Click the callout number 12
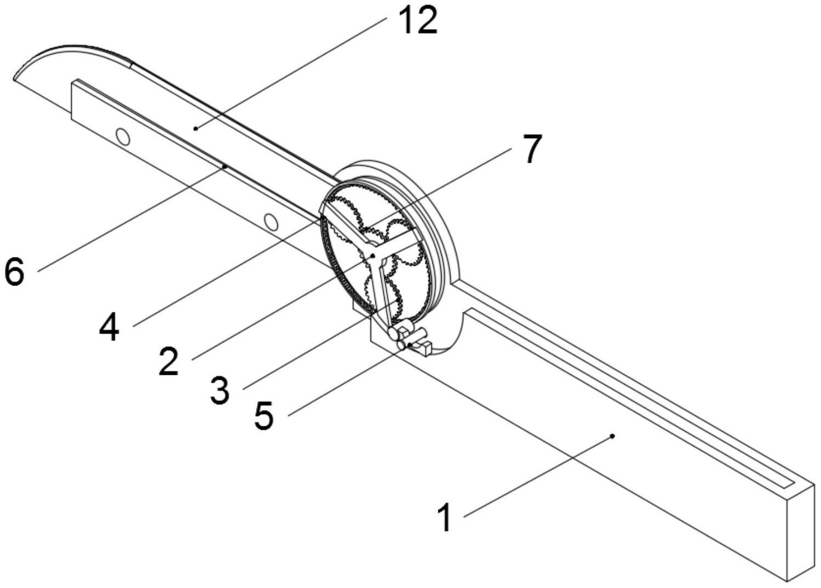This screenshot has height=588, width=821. tap(418, 21)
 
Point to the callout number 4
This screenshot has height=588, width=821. tap(109, 328)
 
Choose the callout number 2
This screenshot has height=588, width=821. tap(169, 362)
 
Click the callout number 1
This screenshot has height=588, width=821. tap(445, 518)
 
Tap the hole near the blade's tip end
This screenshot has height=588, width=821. tap(124, 136)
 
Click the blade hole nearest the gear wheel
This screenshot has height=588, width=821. tap(270, 221)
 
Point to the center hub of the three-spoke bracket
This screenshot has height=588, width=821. tap(373, 255)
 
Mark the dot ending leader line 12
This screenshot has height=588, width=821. tap(195, 129)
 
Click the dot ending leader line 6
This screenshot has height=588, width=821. tap(225, 165)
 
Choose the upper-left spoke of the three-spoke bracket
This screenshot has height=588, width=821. tap(347, 231)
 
